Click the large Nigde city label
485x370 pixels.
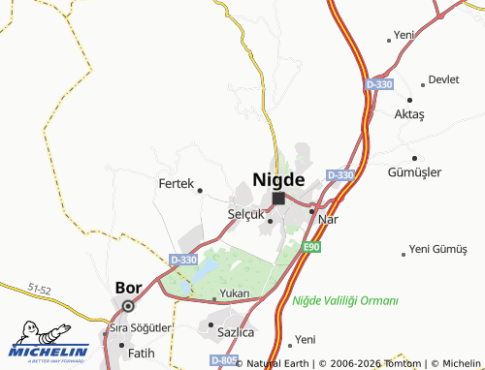pyautogui.click(x=278, y=179)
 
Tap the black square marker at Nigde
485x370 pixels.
pyautogui.click(x=278, y=198)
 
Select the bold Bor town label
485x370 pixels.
pyautogui.click(x=129, y=288)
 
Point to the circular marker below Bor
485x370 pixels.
pyautogui.click(x=129, y=306)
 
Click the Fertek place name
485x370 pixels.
pyautogui.click(x=176, y=181)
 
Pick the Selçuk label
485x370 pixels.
pyautogui.click(x=245, y=213)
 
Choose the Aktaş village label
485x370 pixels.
pyautogui.click(x=409, y=114)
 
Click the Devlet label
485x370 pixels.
pyautogui.click(x=443, y=79)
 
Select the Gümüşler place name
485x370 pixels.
pyautogui.click(x=414, y=171)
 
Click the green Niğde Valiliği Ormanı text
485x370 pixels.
pyautogui.click(x=345, y=300)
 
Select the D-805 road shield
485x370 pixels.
pyautogui.click(x=223, y=359)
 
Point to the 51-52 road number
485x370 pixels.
pyautogui.click(x=40, y=290)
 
